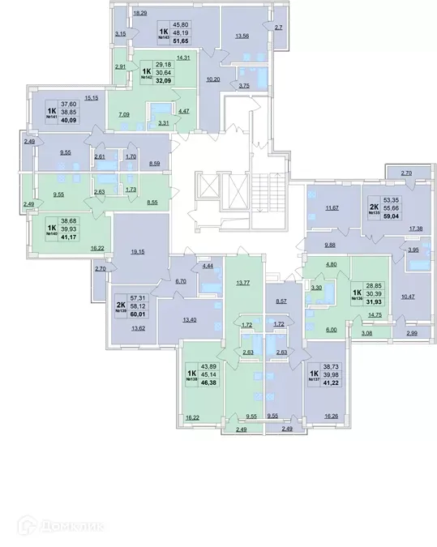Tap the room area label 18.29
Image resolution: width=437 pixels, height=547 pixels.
(140, 14)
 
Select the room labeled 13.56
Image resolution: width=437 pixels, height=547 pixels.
(242, 36)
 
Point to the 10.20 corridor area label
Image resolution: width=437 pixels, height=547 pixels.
(214, 79)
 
